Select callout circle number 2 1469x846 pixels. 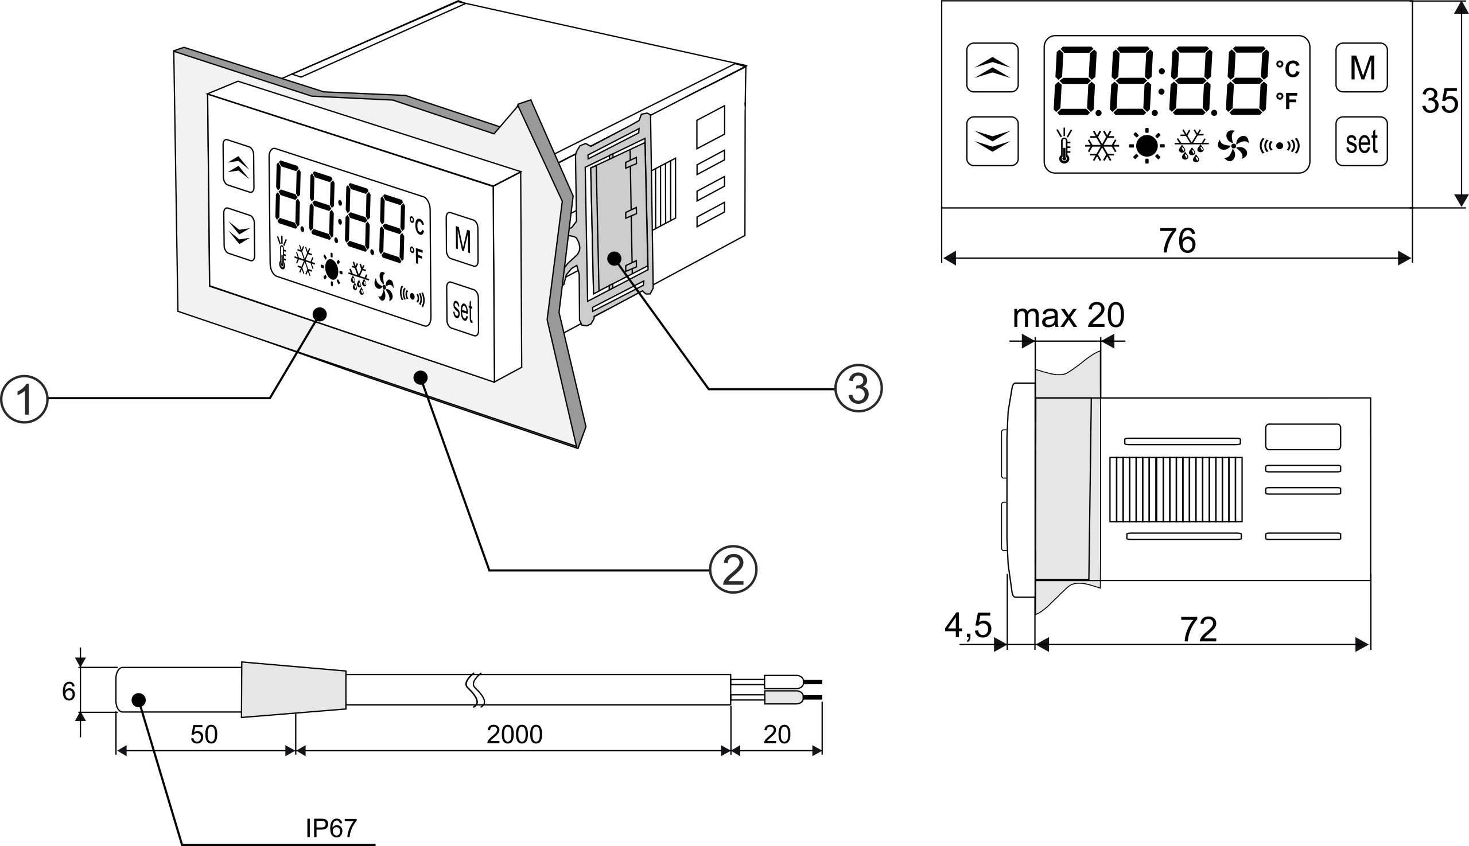pos(733,570)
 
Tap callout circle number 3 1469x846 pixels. pos(858,388)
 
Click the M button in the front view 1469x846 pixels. pos(1362,68)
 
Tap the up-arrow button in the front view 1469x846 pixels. pos(992,68)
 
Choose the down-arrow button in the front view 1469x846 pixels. pos(992,141)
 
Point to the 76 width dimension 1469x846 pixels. pos(1177,240)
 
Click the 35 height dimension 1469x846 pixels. pos(1439,101)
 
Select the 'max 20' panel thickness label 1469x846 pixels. pos(1068,316)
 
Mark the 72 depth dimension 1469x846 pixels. pos(1199,630)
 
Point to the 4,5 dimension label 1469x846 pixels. pos(968,626)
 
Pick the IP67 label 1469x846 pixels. pos(331,829)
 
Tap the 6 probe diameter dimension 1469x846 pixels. pos(69,692)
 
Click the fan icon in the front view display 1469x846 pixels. pos(1233,145)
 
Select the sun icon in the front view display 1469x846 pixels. pos(1147,145)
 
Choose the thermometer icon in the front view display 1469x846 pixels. pos(1064,145)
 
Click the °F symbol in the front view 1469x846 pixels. pos(1287,101)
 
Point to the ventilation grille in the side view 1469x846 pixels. pos(1175,489)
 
